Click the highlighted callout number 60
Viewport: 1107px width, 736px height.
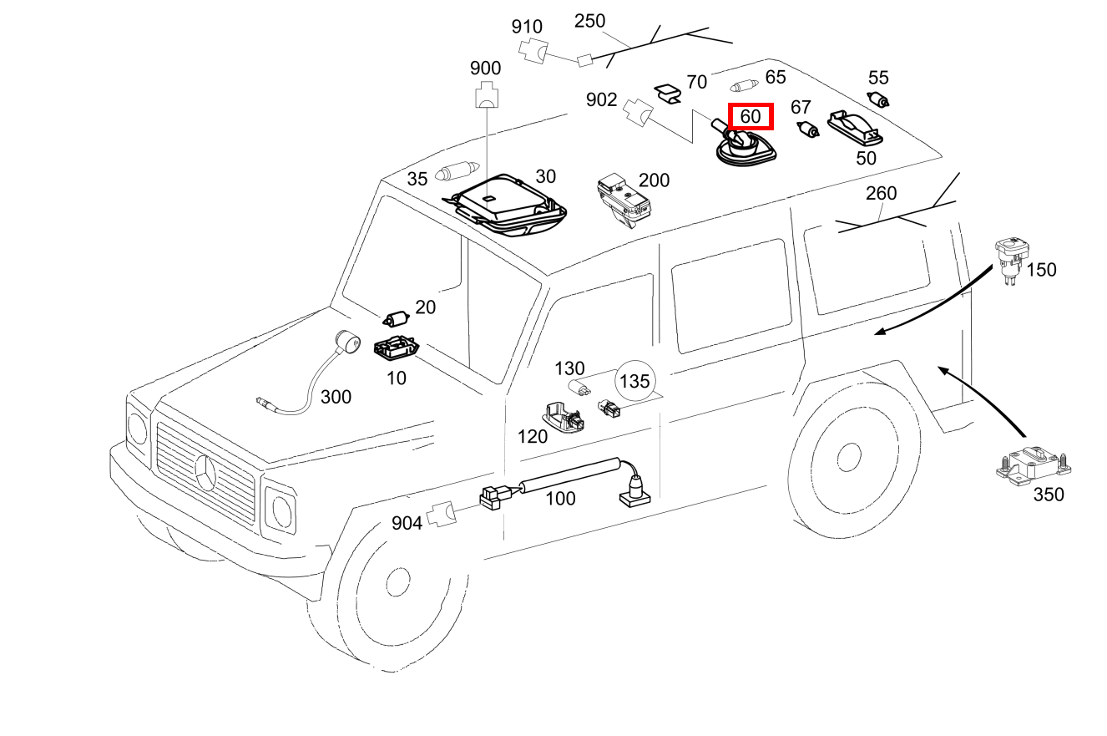point(751,117)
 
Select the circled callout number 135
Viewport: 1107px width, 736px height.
point(634,381)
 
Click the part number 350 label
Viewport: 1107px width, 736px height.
point(1049,495)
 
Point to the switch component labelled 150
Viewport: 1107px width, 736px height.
point(1012,260)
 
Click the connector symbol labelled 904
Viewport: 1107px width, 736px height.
point(442,515)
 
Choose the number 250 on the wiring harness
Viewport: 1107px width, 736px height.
point(590,21)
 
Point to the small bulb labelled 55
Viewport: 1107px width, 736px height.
point(878,100)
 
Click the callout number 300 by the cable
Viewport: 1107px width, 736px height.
point(336,397)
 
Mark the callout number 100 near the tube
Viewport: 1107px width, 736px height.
point(561,499)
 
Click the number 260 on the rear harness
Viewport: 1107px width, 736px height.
point(881,194)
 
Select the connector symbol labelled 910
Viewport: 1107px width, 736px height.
point(533,51)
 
